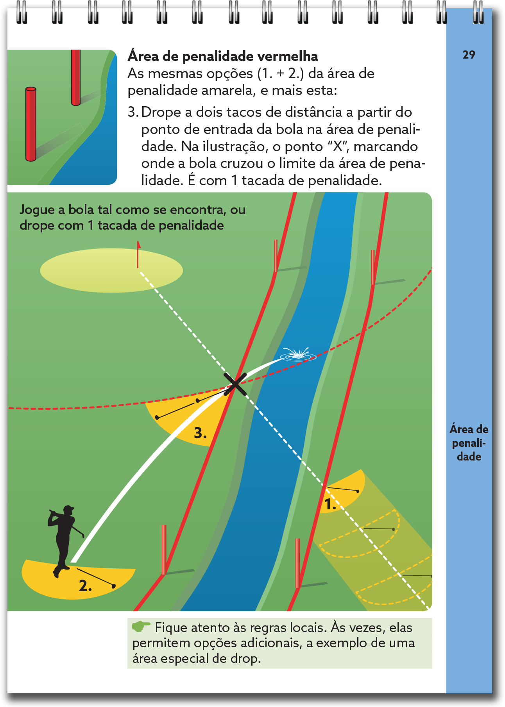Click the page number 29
click(469, 55)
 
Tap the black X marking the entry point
click(235, 384)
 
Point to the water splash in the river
click(298, 354)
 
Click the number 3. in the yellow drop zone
click(200, 433)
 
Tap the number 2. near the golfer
click(85, 586)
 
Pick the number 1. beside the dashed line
click(331, 504)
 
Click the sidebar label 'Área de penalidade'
click(469, 443)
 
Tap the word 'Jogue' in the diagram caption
click(37, 210)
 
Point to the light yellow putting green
click(111, 270)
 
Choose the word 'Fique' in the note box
click(170, 627)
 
